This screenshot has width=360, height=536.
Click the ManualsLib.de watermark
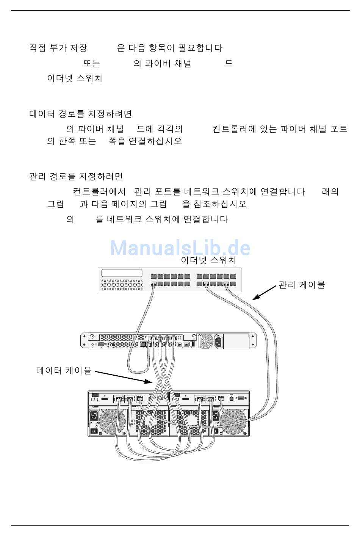[180, 248]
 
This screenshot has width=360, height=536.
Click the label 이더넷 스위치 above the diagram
[208, 260]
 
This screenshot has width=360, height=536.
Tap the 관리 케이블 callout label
[302, 285]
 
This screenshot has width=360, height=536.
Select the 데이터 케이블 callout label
[64, 370]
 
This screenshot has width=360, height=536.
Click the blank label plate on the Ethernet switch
[122, 273]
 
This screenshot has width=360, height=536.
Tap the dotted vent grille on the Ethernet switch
[122, 285]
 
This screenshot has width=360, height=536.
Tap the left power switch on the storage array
[94, 431]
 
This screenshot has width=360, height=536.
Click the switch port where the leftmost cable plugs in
[153, 284]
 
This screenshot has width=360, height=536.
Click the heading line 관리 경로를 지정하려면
[76, 177]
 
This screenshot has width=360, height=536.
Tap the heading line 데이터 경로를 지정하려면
[81, 114]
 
